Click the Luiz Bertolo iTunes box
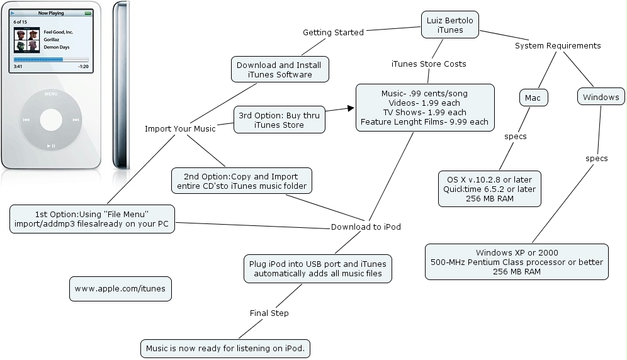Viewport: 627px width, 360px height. [450, 25]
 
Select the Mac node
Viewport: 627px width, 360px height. [533, 98]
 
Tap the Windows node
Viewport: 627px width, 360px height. [601, 97]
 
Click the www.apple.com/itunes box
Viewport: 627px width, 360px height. [120, 289]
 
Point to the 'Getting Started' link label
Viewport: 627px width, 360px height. [333, 32]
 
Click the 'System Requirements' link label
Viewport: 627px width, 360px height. [558, 45]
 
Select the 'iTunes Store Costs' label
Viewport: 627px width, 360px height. [429, 64]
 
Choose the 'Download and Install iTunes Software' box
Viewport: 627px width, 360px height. [280, 69]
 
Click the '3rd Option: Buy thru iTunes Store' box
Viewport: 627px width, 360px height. [280, 120]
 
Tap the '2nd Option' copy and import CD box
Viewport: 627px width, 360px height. [241, 181]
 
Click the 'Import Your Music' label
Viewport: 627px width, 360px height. [180, 128]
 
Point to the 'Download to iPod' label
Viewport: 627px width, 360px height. [366, 227]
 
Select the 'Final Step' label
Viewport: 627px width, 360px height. [269, 313]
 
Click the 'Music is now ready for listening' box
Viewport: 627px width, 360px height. [225, 348]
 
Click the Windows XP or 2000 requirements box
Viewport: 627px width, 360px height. [517, 262]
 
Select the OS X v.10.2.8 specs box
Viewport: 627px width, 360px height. [490, 188]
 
